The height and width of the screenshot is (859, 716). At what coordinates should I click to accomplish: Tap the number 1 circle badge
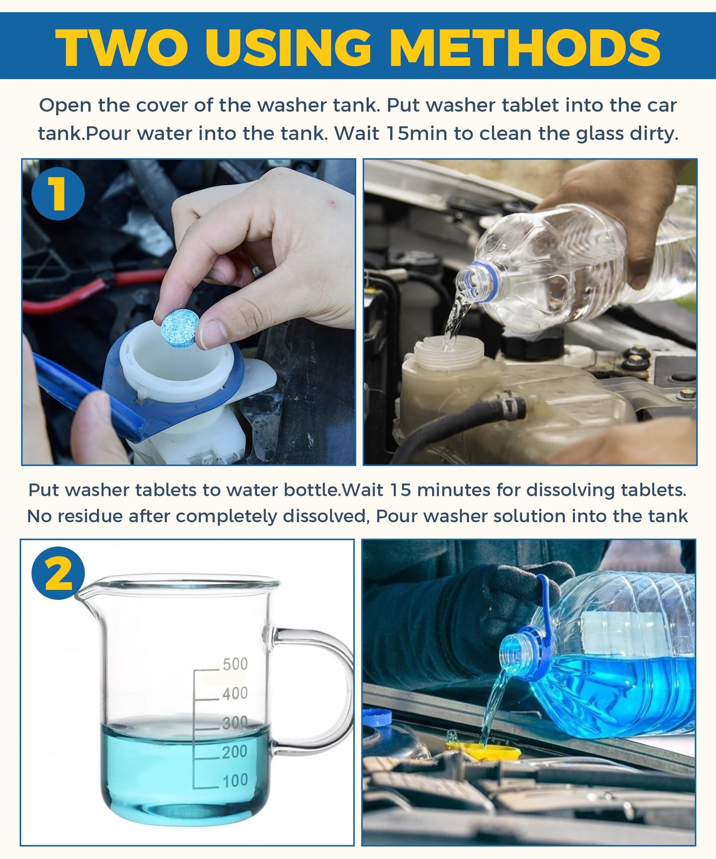click(x=58, y=193)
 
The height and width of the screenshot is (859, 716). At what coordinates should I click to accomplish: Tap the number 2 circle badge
click(x=58, y=573)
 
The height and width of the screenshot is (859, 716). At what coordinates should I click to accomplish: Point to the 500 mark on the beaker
click(x=234, y=664)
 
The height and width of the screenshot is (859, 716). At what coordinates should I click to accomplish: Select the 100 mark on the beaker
click(x=234, y=781)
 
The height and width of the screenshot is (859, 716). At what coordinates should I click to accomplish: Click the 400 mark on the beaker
click(x=234, y=693)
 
